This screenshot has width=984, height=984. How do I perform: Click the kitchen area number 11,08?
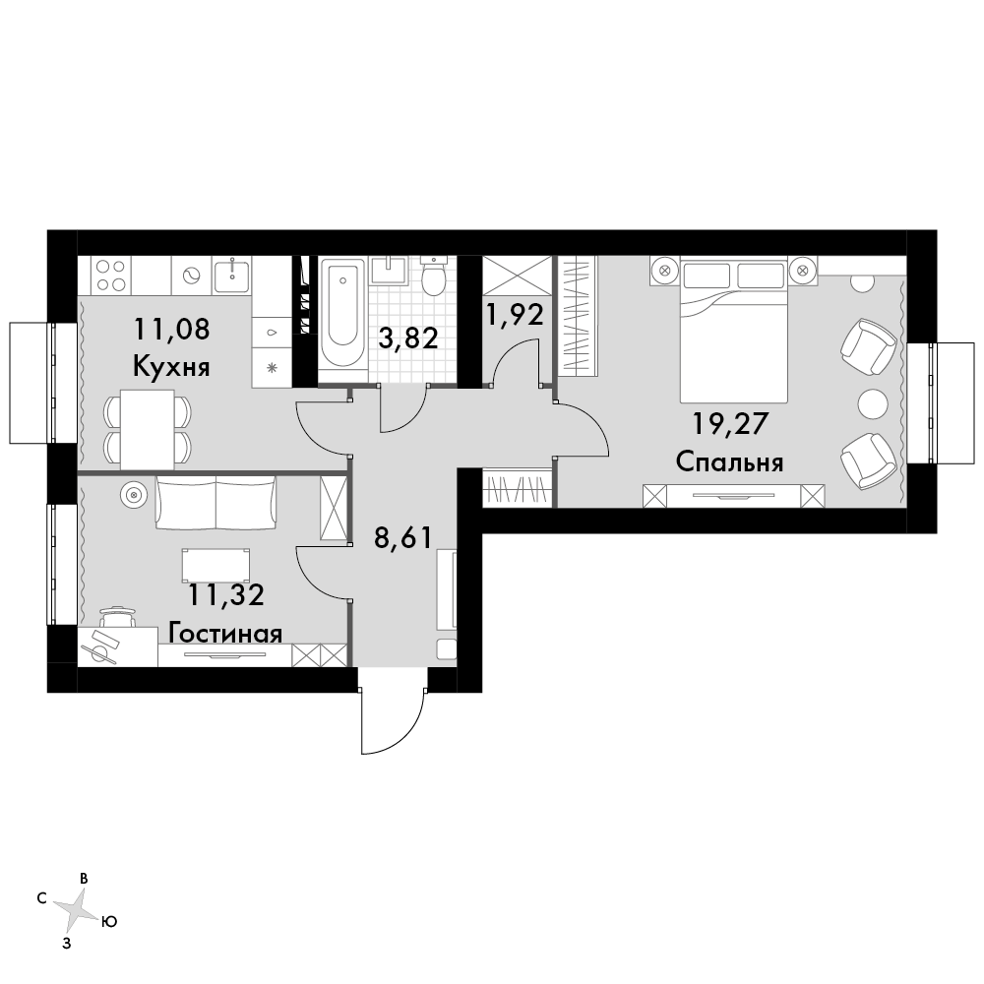pos(172,329)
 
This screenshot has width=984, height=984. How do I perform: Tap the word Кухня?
pos(171,367)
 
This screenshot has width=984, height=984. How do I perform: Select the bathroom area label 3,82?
pos(408,338)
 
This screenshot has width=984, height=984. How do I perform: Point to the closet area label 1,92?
pos(515,315)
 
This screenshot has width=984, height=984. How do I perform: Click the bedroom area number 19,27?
pos(730,424)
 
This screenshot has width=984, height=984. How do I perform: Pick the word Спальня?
pos(730,463)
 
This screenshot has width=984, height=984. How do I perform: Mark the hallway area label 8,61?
pos(403,538)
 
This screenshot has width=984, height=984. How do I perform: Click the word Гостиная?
pos(225,634)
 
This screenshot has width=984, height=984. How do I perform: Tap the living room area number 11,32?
pos(226,595)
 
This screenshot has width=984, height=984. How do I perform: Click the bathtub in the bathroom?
pos(342,315)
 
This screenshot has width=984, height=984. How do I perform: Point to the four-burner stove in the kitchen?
pos(110,275)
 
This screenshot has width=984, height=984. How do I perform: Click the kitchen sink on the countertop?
pos(231,277)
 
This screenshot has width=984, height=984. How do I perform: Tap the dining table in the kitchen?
pos(148,430)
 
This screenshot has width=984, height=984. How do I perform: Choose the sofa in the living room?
pos(215,504)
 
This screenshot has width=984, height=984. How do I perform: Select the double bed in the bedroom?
pos(734,331)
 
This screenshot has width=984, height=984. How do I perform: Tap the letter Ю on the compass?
pos(108,921)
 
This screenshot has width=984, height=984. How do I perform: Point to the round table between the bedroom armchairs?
pos(872,403)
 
